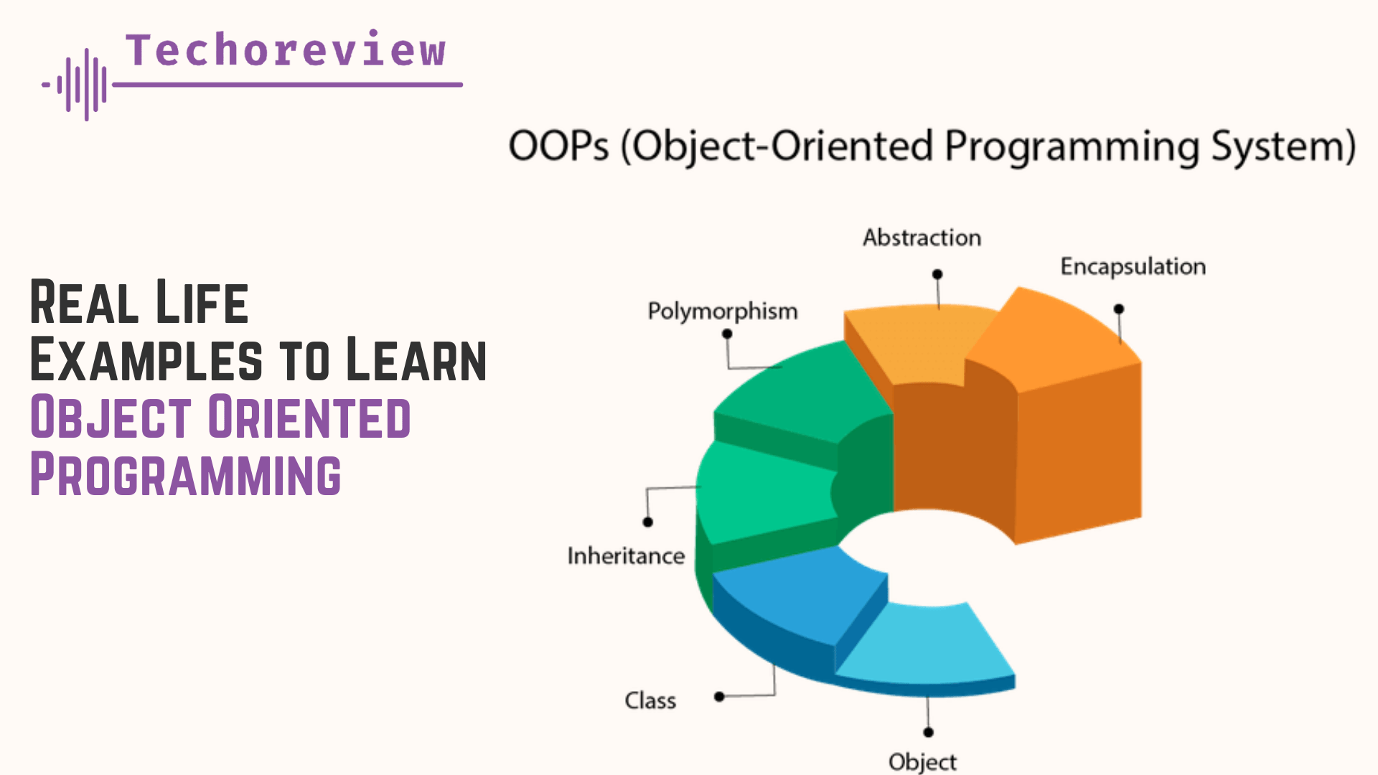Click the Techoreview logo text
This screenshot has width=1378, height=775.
click(x=286, y=51)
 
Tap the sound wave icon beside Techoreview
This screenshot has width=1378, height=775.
click(x=79, y=85)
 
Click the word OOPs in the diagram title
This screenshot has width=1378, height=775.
click(x=558, y=146)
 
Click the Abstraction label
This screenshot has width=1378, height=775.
click(x=922, y=238)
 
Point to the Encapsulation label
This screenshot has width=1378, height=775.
click(x=1133, y=266)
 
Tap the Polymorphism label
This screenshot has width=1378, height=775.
click(x=722, y=311)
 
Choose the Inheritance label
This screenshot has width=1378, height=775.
click(x=626, y=555)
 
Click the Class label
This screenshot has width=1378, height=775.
click(x=650, y=700)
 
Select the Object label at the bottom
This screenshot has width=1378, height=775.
click(x=922, y=761)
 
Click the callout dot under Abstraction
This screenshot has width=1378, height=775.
click(x=937, y=274)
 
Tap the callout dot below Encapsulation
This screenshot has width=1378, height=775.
click(x=1119, y=309)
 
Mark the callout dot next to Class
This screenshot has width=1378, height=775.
click(x=719, y=696)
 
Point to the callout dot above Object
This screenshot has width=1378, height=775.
click(x=928, y=732)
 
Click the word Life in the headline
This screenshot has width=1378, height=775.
click(x=202, y=303)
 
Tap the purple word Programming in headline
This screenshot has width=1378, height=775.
click(x=185, y=475)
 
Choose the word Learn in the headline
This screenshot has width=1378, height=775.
click(x=416, y=360)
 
